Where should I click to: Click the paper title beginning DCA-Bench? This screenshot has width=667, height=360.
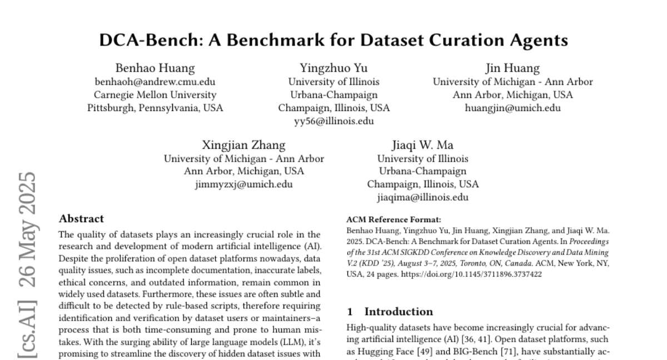[x=333, y=41]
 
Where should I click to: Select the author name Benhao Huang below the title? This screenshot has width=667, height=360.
[x=155, y=68]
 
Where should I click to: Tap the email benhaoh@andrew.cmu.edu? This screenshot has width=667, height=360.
[x=155, y=82]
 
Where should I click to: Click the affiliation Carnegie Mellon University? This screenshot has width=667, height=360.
[x=155, y=95]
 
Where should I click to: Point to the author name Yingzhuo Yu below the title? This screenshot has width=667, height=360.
[x=333, y=68]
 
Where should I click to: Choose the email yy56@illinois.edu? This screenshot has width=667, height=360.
[x=333, y=121]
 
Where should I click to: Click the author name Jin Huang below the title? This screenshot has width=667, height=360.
[x=512, y=68]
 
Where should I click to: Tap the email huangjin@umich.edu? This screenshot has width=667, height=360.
[x=512, y=108]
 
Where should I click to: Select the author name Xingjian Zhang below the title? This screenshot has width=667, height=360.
[x=243, y=146]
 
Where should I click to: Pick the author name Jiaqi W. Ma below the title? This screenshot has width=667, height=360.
[x=422, y=146]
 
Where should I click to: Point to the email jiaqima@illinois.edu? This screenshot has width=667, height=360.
[x=422, y=197]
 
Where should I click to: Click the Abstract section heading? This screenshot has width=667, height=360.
[x=81, y=219]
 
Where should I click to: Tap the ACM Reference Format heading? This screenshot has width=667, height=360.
[x=386, y=219]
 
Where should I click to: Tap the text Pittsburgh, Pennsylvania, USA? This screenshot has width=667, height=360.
[x=155, y=108]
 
